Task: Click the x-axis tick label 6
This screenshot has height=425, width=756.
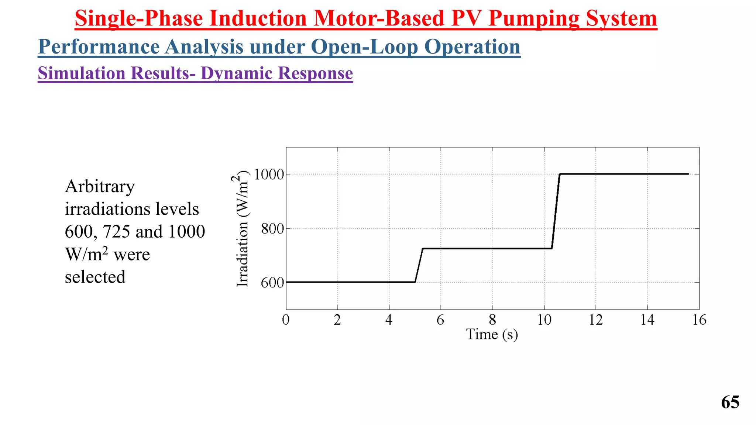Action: click(440, 320)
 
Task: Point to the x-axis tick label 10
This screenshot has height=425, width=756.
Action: click(544, 320)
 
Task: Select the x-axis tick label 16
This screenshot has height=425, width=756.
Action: click(699, 320)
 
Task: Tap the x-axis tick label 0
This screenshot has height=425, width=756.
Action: click(286, 320)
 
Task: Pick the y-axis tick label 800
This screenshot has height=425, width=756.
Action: click(272, 229)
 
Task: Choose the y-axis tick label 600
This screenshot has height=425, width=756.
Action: click(272, 283)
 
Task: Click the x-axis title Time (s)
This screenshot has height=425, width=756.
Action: click(492, 335)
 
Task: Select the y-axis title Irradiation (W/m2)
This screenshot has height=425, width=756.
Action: click(242, 229)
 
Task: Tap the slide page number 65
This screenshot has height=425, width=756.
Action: click(730, 402)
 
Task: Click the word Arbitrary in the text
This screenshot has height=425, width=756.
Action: click(100, 187)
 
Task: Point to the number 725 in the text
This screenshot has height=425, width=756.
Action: click(116, 232)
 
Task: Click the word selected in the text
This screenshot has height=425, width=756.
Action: click(95, 277)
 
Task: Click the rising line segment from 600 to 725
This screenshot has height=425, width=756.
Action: click(419, 265)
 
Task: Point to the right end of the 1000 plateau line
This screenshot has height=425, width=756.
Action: click(688, 174)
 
